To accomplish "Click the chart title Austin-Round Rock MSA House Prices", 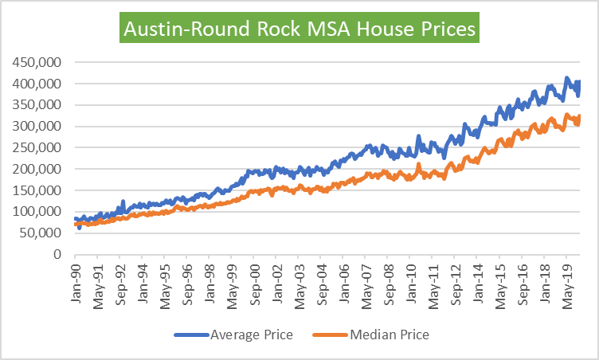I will click(x=299, y=29).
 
